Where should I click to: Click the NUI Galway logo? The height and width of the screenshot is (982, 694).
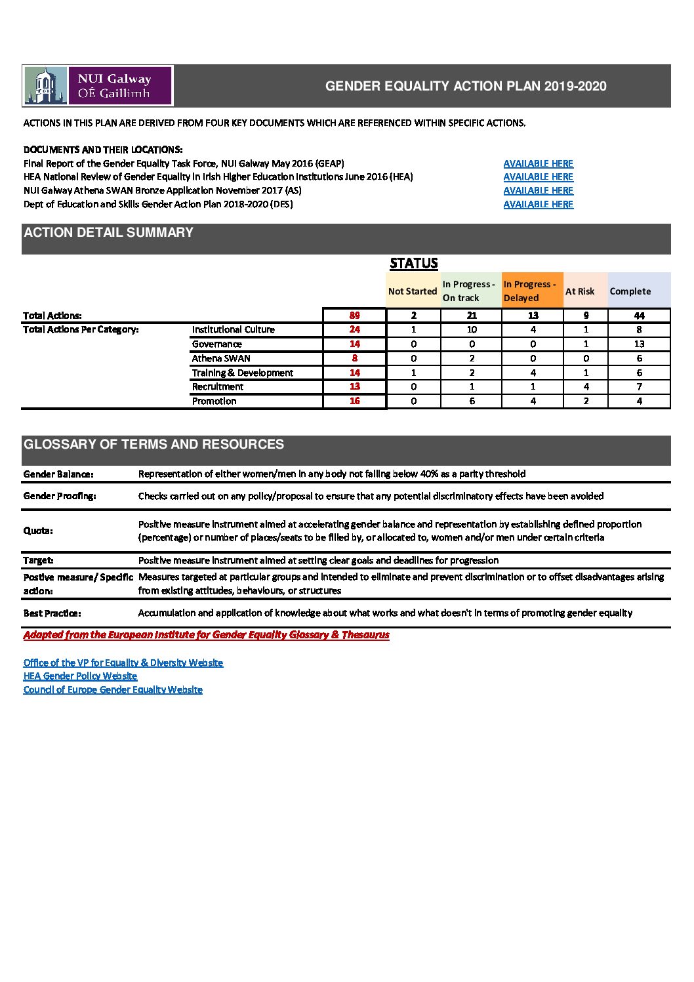pos(98,86)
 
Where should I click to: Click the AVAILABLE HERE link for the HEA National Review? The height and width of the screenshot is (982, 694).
pos(538,177)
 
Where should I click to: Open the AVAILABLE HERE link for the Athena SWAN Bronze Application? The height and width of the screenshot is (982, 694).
pos(538,191)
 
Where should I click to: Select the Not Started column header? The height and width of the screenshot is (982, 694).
pos(412,291)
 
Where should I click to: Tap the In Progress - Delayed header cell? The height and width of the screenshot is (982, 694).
pos(531,291)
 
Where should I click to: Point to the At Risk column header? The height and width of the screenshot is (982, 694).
pos(580,291)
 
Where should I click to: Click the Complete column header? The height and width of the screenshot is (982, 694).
pos(630,291)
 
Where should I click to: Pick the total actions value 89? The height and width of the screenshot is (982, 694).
pos(354,316)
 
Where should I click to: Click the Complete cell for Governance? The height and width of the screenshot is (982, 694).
pos(639,344)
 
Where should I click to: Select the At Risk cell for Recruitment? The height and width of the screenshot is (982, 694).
pos(585,387)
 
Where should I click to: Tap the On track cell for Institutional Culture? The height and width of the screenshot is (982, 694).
pos(472,329)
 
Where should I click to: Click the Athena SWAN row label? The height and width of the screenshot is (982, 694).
pos(221,358)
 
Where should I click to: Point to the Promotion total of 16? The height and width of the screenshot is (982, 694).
pos(354,401)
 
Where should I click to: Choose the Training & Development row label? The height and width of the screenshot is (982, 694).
pos(242,373)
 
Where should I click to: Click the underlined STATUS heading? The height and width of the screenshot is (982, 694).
pos(413,264)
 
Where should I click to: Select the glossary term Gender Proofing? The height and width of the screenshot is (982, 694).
pos(60,496)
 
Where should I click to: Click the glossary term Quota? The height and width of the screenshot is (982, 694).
pos(38,531)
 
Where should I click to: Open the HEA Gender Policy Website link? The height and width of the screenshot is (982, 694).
pos(80,676)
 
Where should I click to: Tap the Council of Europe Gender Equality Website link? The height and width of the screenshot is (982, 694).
pos(113,690)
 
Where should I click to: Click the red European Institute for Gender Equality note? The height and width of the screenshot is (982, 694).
pos(206,635)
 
